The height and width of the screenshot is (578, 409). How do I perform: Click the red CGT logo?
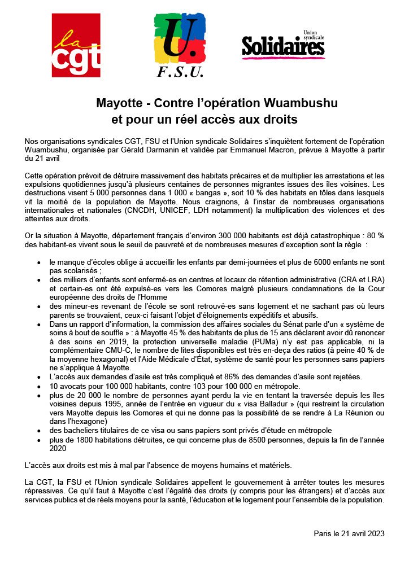pyautogui.click(x=76, y=45)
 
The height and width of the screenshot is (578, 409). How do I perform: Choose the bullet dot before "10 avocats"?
pyautogui.click(x=38, y=386)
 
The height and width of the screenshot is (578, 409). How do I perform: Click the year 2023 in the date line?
pyautogui.click(x=375, y=533)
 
